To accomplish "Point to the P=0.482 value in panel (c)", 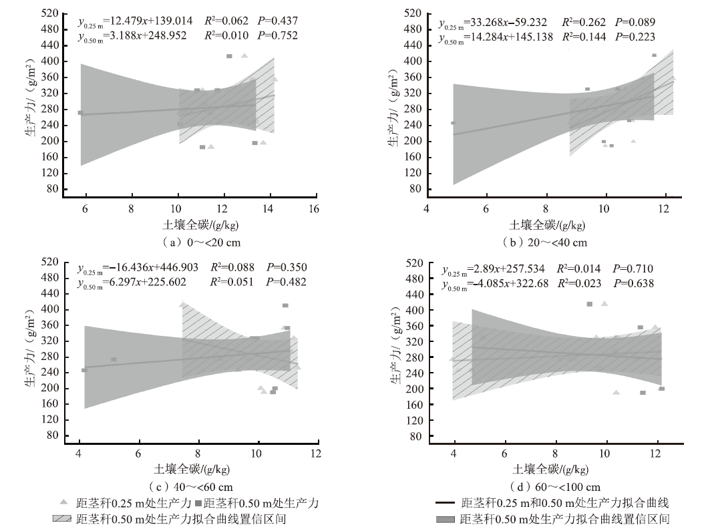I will [x=287, y=282].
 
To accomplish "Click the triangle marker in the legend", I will [x=63, y=503].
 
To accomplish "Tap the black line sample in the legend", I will [x=445, y=503].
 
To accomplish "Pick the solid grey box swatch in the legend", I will [x=445, y=519].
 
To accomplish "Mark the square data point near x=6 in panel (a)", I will [x=80, y=113].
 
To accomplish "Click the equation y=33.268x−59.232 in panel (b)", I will [x=496, y=23].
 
